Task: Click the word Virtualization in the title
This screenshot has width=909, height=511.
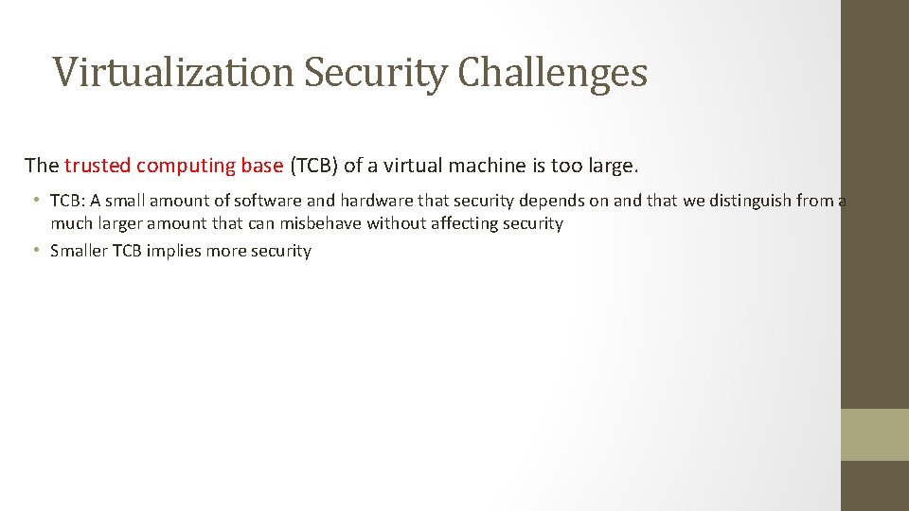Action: [x=174, y=73]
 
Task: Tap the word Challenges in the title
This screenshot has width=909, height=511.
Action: [x=552, y=73]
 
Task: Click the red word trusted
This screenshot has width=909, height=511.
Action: [x=98, y=166]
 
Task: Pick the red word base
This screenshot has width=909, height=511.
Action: [x=262, y=166]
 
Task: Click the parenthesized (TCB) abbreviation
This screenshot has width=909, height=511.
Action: [x=313, y=167]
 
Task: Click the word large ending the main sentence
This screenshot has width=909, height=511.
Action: [x=615, y=166]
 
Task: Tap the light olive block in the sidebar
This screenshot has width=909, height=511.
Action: [x=874, y=434]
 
